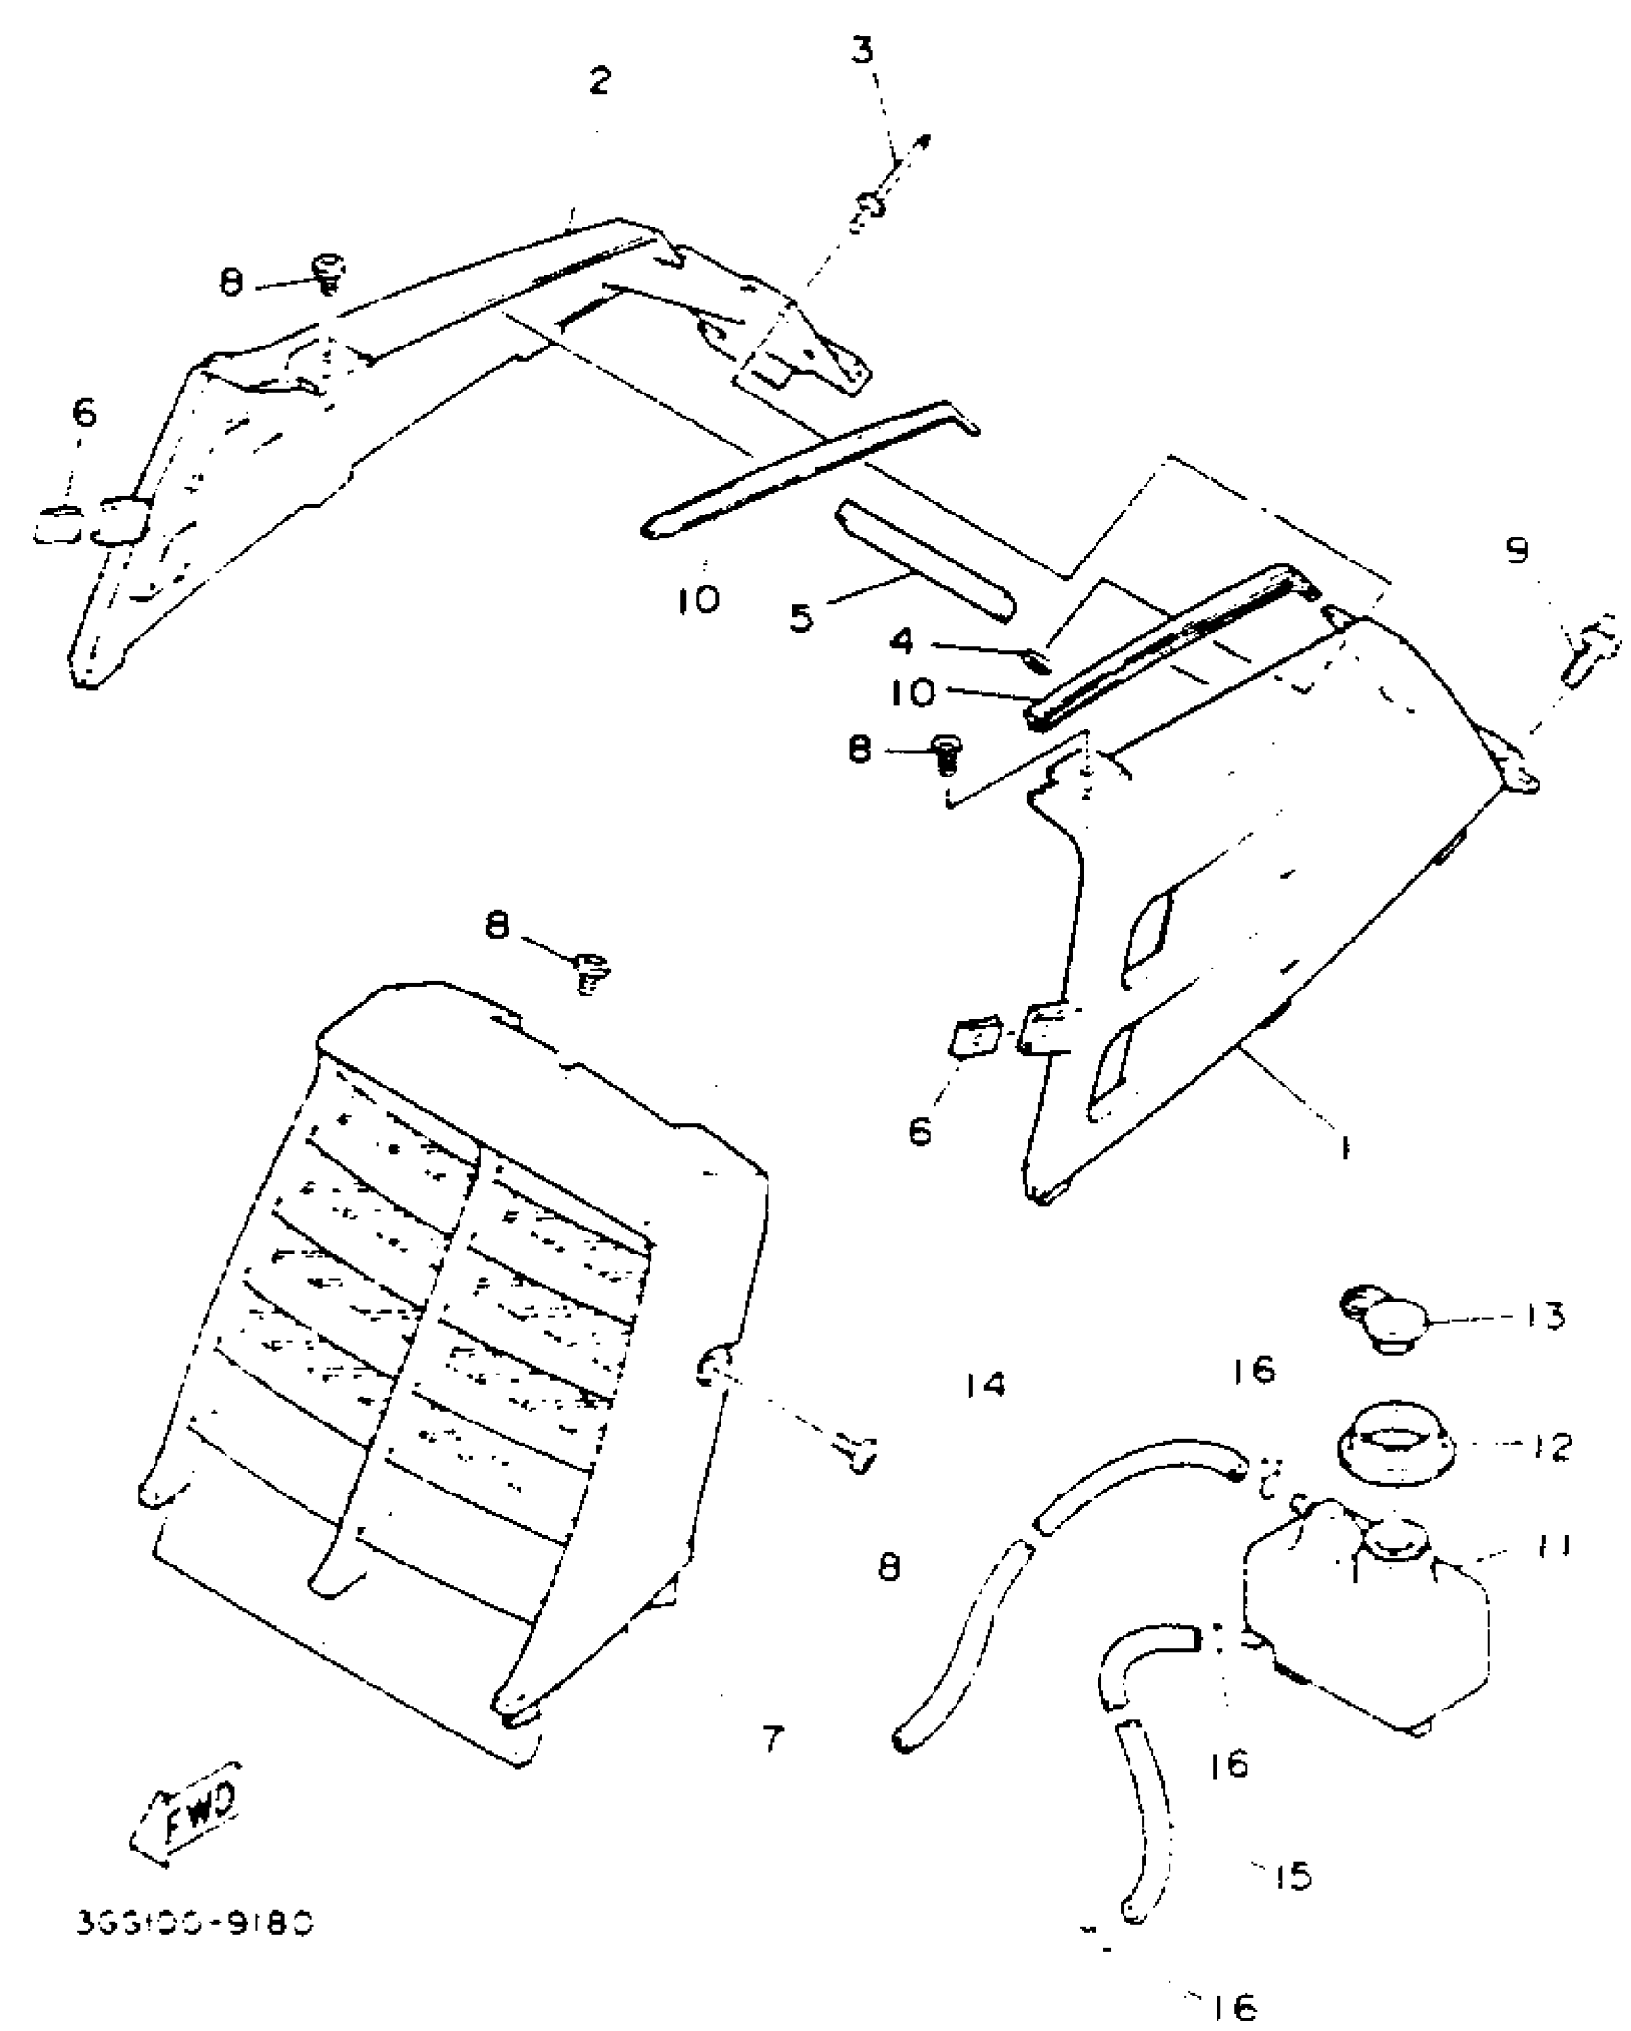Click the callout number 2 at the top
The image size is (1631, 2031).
tap(600, 81)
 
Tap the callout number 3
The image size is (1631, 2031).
tap(863, 50)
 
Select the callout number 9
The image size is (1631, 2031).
tap(1517, 551)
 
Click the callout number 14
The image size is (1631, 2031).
tap(985, 1385)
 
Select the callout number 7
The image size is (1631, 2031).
tap(773, 1738)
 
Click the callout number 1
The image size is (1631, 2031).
tap(1345, 1147)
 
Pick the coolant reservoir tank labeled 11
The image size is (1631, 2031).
tap(1367, 1622)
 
